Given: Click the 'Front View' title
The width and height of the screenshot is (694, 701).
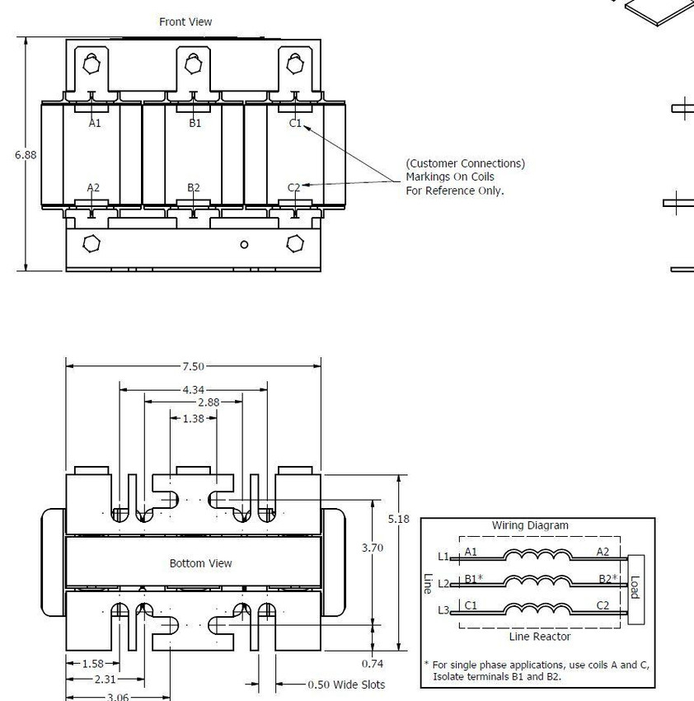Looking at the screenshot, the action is click(185, 22).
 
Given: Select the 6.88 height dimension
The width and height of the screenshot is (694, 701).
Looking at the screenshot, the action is click(26, 155).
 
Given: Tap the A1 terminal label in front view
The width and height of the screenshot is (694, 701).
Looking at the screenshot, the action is click(95, 124).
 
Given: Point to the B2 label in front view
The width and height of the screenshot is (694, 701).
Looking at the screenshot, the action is click(194, 187).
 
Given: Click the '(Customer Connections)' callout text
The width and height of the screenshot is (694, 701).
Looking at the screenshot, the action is click(465, 163).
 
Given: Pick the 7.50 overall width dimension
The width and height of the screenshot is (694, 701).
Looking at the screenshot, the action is click(193, 367).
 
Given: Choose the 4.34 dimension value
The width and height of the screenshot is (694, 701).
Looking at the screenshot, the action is click(193, 390).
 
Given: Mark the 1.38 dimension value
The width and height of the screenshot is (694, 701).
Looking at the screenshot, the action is click(194, 418).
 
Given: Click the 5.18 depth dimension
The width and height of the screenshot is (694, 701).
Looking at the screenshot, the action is click(398, 519).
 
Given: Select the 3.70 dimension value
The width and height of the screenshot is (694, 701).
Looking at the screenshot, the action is click(373, 548).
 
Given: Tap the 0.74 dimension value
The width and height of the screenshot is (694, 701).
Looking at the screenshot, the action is click(373, 663).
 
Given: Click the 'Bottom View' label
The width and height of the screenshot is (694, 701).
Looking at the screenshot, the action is click(200, 563).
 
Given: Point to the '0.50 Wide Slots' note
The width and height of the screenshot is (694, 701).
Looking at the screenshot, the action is click(346, 685).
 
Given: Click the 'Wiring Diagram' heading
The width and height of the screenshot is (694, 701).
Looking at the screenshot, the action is click(530, 525).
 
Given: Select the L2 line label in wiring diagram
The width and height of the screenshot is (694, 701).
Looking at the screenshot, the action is click(443, 583).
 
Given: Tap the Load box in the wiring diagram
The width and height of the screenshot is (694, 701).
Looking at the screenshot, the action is click(636, 589).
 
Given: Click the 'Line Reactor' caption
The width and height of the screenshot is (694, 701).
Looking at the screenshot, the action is click(539, 636).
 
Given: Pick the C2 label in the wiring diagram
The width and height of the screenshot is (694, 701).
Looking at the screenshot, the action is click(603, 605).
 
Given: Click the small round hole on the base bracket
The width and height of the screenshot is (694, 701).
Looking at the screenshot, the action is click(244, 245).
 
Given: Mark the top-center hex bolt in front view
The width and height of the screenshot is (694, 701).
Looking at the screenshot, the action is click(193, 64).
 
